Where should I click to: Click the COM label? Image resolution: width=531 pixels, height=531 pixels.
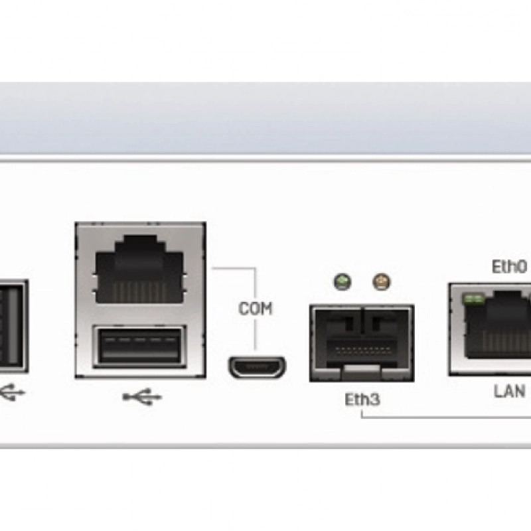tap(256, 309)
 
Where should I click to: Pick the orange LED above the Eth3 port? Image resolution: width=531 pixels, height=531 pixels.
tap(380, 281)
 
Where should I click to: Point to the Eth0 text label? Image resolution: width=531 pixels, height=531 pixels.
tap(509, 267)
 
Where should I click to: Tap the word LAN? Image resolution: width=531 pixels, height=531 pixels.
tap(510, 390)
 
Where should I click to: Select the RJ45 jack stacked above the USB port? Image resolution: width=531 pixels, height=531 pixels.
tap(139, 269)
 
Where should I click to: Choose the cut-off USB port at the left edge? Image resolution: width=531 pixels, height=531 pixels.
tap(13, 325)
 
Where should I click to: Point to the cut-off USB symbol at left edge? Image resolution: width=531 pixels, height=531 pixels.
tap(12, 392)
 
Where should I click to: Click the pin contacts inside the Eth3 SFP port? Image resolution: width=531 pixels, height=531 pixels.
tap(361, 349)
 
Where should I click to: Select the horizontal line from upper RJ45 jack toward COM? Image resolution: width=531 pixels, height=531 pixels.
tap(232, 268)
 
